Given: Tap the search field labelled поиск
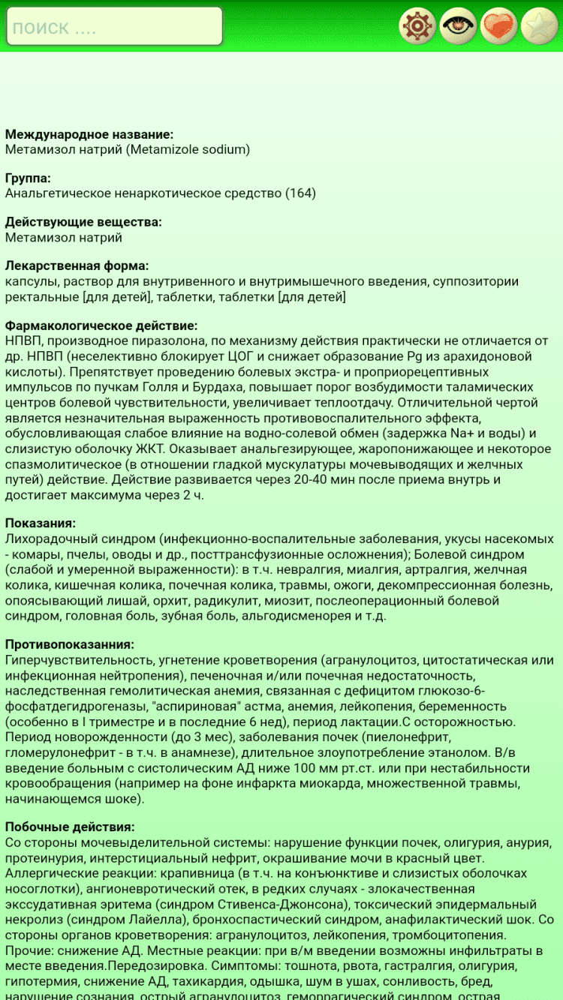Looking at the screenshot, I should [114, 27].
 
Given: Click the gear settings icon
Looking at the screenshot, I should [417, 27].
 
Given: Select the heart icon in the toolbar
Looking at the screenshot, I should [498, 27].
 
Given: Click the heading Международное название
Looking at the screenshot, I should [89, 134].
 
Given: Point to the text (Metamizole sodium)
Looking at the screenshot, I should [188, 149].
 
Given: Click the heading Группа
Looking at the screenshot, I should [28, 179].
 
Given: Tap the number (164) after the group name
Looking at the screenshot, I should [300, 194].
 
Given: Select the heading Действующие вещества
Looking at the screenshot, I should [83, 222].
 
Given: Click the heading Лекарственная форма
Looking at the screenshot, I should [77, 266].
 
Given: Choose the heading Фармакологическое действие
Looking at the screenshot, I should [101, 326].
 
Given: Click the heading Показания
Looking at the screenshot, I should [41, 524].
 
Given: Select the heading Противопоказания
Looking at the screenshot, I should [70, 644].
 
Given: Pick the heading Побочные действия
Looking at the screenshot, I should [70, 827].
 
